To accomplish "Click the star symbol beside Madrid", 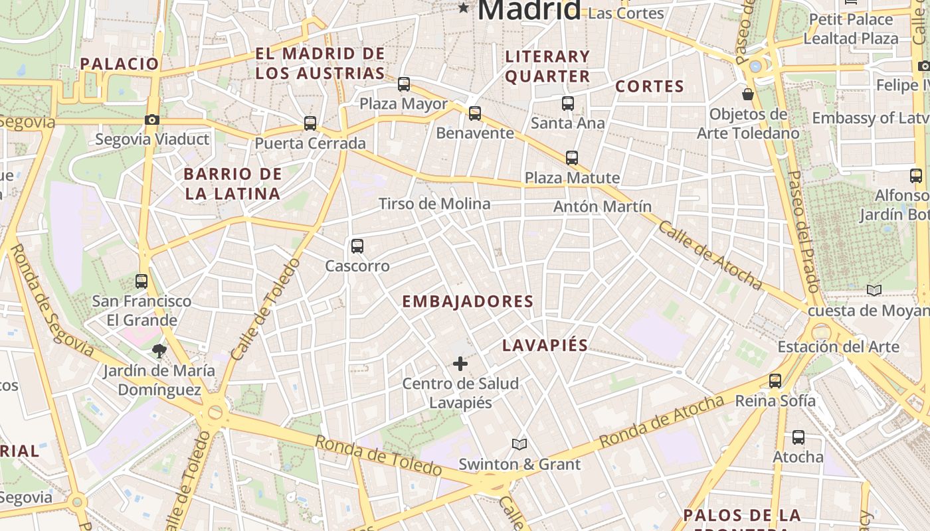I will [x=463, y=8].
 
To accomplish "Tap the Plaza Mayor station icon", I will [x=404, y=84].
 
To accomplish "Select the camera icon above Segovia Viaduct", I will [x=152, y=120].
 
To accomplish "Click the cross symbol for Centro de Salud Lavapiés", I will [x=460, y=364].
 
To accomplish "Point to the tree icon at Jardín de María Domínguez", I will [x=159, y=351].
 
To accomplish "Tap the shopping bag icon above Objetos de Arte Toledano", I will [x=748, y=94].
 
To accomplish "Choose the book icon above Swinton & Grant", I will [x=519, y=444].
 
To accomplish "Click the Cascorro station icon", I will [x=357, y=246].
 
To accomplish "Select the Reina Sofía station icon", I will [x=775, y=381].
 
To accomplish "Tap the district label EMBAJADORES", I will [x=468, y=301].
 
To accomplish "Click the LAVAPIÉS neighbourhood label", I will [x=545, y=345].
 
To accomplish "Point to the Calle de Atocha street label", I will [x=709, y=255].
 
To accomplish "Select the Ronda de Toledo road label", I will [x=378, y=455].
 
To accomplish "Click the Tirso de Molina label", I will [x=434, y=204].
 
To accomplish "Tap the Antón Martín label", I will [x=603, y=206].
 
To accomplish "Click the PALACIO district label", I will [x=120, y=64].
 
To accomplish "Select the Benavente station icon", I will [x=475, y=114].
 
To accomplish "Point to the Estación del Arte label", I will [x=838, y=346].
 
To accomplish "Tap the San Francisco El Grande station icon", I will [x=141, y=281].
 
